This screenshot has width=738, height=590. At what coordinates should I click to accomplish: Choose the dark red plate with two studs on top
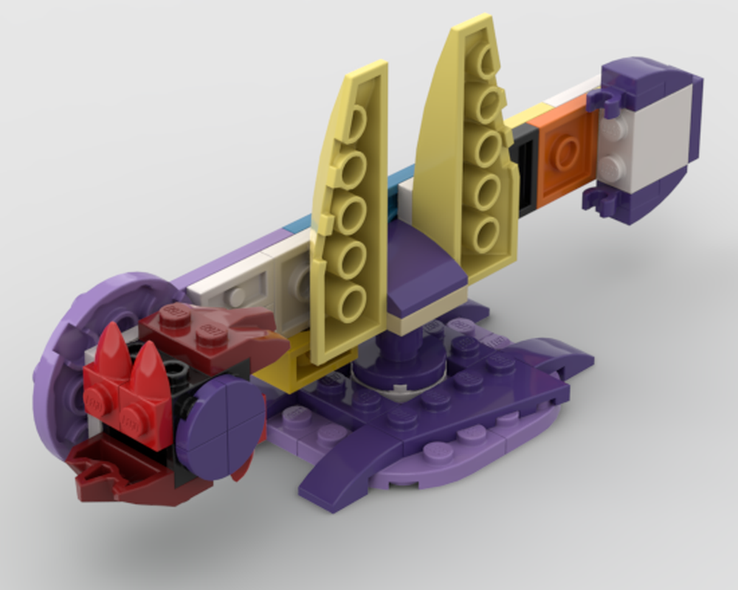(x=199, y=332)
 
